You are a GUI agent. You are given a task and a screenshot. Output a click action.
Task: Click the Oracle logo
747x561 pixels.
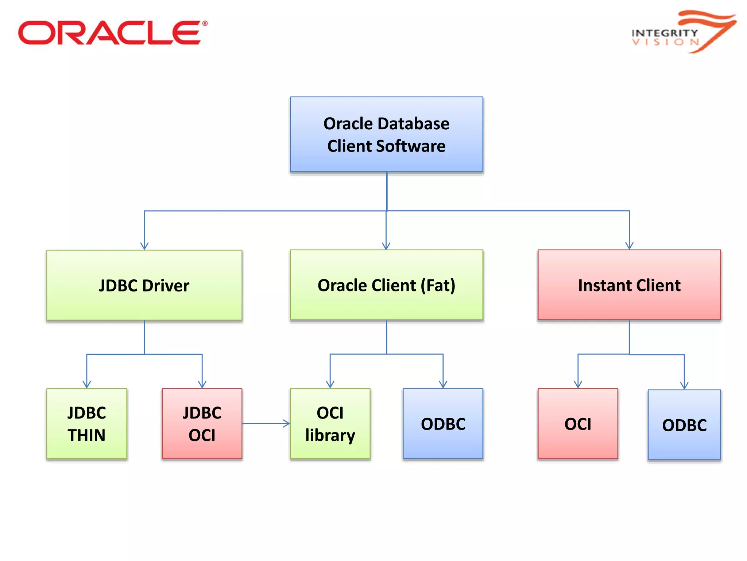[x=112, y=33]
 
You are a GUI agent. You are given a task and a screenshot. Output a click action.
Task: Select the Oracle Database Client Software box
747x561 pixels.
[x=386, y=134]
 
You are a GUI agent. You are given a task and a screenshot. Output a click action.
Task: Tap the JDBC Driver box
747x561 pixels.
[x=144, y=285]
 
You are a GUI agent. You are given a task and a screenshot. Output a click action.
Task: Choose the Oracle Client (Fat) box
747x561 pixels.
[x=386, y=285]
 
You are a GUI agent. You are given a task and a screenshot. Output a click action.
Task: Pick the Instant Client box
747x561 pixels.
[x=629, y=285]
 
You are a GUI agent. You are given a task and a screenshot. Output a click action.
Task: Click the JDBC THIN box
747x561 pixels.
[x=86, y=424]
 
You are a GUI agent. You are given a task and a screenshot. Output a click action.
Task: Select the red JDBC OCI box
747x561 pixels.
[x=202, y=424]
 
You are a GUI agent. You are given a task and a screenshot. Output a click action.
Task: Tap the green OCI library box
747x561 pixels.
[x=330, y=424]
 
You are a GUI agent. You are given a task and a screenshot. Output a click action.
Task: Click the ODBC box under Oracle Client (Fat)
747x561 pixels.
[x=443, y=424]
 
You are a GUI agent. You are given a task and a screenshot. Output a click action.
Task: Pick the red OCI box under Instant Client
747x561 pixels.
[x=578, y=424]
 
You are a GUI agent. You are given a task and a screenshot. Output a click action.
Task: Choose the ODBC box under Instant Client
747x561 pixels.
[x=684, y=425]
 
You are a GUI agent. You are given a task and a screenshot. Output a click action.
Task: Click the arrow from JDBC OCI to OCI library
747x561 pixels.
[x=266, y=424]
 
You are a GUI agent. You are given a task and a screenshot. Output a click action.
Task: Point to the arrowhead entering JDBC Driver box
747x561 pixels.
[x=144, y=246]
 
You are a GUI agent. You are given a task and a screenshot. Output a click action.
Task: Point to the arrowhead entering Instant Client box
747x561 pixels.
[x=629, y=246]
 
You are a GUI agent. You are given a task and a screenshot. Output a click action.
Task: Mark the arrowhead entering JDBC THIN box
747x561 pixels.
[x=87, y=385]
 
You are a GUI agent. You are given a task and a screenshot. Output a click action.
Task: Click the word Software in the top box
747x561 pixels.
[x=411, y=146]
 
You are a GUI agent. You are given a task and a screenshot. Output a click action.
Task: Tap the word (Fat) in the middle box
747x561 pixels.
[x=438, y=285]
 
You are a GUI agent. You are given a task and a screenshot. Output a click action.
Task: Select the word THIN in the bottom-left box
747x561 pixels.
[x=86, y=435]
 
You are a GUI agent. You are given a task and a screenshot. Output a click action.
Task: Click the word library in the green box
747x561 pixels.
[x=330, y=435]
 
